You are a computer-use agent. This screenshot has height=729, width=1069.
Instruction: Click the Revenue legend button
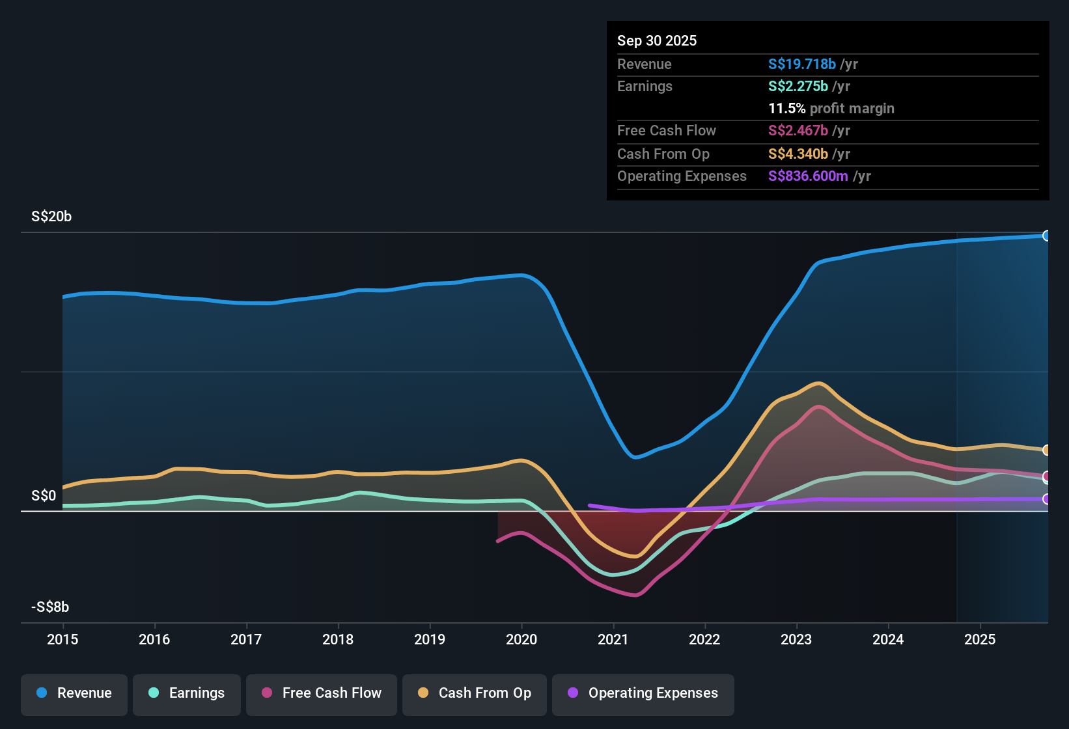(74, 693)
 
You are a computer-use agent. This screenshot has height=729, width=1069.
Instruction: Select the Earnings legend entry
(187, 693)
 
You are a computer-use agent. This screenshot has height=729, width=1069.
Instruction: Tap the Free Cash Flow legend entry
(322, 693)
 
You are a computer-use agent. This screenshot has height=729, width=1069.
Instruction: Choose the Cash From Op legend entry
(475, 693)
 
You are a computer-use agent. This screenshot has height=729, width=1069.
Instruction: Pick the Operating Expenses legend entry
(643, 693)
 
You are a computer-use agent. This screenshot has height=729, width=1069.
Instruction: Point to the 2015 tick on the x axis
(62, 639)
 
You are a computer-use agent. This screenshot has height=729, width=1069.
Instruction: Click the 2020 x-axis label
(521, 639)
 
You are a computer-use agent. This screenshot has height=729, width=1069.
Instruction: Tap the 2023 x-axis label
(796, 639)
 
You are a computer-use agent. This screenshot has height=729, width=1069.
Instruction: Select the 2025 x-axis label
(980, 639)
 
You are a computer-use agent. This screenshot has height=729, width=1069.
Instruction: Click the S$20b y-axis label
(51, 217)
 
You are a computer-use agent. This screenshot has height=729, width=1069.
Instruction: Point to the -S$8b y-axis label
(50, 607)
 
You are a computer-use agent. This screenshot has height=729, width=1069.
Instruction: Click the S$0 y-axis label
(44, 496)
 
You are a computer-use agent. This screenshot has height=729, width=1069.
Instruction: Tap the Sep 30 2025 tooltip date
(657, 41)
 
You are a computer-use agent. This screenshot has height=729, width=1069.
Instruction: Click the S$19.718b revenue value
(801, 64)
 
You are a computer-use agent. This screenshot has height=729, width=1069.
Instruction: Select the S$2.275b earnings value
(798, 87)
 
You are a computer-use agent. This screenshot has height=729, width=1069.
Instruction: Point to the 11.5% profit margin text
(831, 109)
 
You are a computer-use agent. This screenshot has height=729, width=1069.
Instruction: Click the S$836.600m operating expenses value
(808, 176)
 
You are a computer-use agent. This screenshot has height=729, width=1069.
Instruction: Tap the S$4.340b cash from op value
(798, 154)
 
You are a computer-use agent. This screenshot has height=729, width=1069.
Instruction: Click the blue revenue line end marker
(1046, 236)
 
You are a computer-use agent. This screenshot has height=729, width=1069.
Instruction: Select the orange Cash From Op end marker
(1046, 450)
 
